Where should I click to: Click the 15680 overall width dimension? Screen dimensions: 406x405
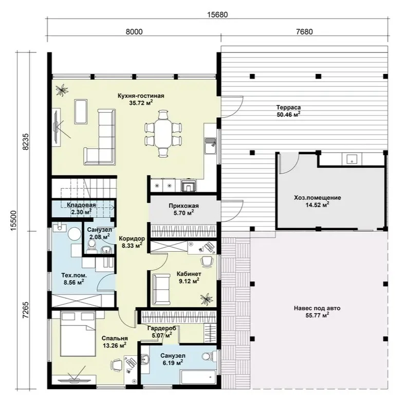click(x=217, y=14)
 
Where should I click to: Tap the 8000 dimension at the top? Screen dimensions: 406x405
click(x=134, y=31)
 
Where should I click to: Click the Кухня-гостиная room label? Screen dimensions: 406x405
click(x=141, y=96)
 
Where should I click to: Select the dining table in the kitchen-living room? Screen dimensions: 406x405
click(x=163, y=133)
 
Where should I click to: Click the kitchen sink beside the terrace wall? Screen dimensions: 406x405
click(x=211, y=145)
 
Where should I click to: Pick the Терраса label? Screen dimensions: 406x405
click(x=288, y=107)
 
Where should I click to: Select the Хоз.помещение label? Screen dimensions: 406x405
click(x=318, y=198)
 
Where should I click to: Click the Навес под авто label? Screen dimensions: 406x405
click(x=317, y=308)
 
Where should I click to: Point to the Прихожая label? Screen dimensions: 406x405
click(x=183, y=206)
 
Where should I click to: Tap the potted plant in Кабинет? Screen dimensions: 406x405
click(x=207, y=299)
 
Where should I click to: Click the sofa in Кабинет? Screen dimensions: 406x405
click(x=161, y=289)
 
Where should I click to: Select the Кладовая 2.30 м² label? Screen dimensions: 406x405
click(x=81, y=209)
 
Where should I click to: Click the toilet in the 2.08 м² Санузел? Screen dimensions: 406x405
click(x=91, y=246)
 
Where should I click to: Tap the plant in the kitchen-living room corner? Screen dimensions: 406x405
click(x=62, y=90)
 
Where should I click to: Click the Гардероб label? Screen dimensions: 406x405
click(x=162, y=328)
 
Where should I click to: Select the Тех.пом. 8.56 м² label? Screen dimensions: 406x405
click(x=74, y=279)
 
